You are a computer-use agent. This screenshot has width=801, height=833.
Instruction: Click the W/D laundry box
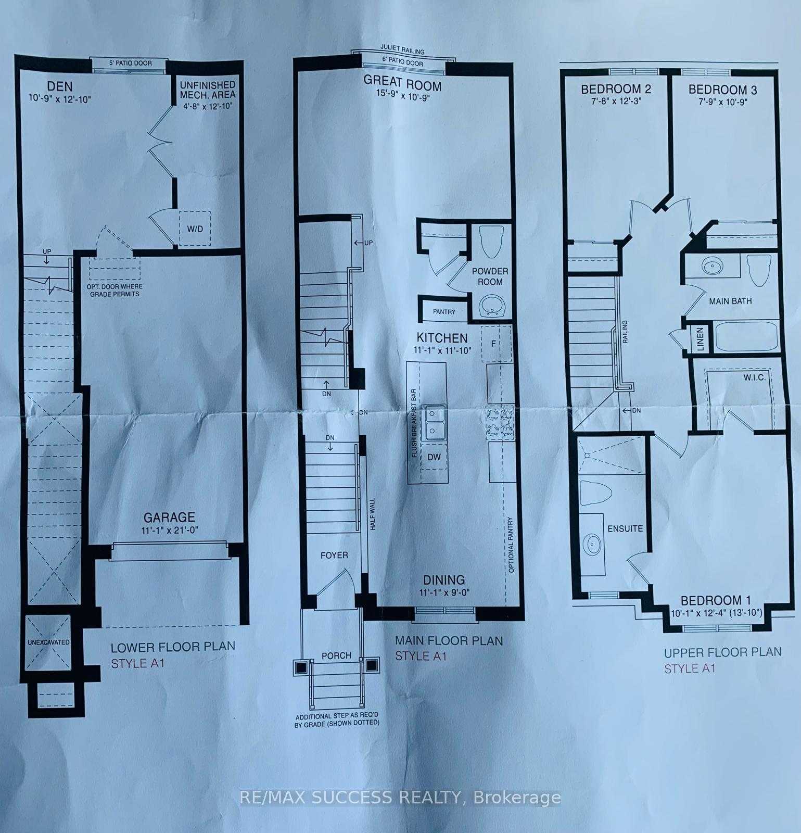coord(195,228)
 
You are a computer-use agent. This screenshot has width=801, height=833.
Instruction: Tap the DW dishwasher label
coord(434,457)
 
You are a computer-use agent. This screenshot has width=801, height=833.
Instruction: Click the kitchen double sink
coord(434,422)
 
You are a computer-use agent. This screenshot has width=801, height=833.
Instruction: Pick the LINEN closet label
coord(700,339)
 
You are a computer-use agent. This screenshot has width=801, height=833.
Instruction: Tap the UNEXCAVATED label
coord(48,642)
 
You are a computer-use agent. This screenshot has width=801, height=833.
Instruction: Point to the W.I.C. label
coord(754,377)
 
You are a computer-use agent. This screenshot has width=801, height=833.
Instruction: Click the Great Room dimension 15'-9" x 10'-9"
coord(402,97)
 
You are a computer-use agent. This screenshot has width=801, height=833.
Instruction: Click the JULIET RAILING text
coord(402,51)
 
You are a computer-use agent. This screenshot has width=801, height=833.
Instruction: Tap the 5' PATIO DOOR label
coord(130,63)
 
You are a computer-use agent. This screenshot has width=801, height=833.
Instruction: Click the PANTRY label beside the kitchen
coord(444,312)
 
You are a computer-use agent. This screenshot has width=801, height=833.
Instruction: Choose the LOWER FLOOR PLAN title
coord(173,647)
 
